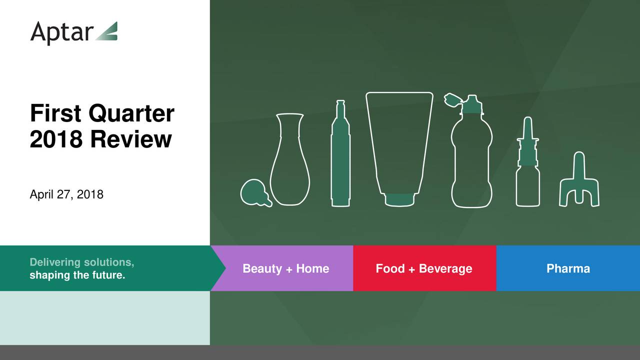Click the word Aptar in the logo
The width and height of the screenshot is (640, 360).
click(x=61, y=33)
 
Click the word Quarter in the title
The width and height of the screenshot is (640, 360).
click(x=131, y=113)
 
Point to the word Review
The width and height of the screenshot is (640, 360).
click(x=131, y=139)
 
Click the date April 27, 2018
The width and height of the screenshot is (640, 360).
click(x=66, y=194)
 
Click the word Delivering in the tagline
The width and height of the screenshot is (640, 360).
click(x=55, y=262)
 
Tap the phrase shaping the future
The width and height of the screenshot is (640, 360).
click(x=77, y=275)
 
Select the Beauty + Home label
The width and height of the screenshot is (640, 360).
click(x=285, y=268)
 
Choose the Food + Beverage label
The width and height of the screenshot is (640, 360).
click(x=424, y=268)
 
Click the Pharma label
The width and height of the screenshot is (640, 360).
click(x=568, y=268)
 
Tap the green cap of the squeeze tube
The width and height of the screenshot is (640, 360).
click(x=399, y=199)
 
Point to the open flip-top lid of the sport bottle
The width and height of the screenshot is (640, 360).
click(x=453, y=100)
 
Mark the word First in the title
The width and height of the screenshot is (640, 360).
click(x=55, y=113)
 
